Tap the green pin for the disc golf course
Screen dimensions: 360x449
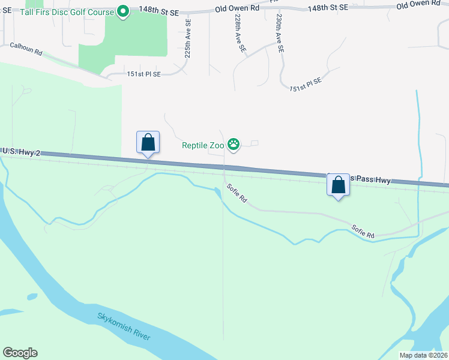tap(123, 11)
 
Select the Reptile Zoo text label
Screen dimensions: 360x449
tap(203, 145)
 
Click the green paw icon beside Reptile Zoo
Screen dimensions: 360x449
tap(233, 145)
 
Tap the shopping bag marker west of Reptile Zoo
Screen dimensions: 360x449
tap(148, 143)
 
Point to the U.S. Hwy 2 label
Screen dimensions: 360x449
tap(21, 153)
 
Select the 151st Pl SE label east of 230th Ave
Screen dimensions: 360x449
tap(306, 83)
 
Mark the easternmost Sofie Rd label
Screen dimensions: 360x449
tap(363, 232)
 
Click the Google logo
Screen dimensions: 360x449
tap(20, 353)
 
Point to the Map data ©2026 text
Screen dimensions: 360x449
tap(423, 355)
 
